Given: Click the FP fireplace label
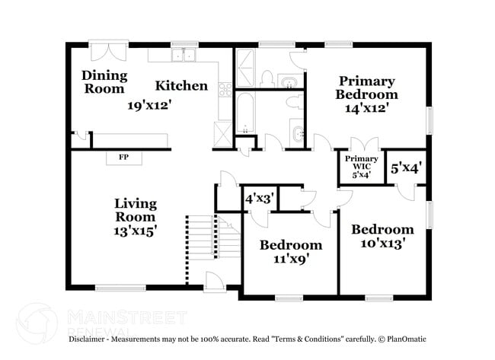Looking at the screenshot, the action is click(123, 157).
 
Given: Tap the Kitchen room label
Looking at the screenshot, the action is click(181, 86).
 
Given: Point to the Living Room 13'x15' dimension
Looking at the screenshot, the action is click(136, 231).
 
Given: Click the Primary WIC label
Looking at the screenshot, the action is click(362, 163).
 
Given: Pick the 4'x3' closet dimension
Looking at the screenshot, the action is click(259, 199).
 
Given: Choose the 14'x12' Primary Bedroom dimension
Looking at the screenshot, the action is click(366, 108).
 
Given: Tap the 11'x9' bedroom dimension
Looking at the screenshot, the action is click(291, 259).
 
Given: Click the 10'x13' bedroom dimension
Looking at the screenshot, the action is click(382, 244).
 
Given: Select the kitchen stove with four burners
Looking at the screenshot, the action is click(225, 90).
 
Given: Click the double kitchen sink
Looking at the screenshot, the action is click(184, 56).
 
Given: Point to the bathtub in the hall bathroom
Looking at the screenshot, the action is click(245, 114).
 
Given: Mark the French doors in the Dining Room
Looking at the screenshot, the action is click(108, 50).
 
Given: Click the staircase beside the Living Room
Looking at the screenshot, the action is click(213, 237).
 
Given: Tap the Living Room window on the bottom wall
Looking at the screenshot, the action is click(120, 288).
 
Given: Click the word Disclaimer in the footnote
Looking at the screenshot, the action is click(87, 339).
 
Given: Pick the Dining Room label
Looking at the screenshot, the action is click(104, 82).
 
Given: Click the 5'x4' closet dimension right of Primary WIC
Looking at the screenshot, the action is click(407, 168).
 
